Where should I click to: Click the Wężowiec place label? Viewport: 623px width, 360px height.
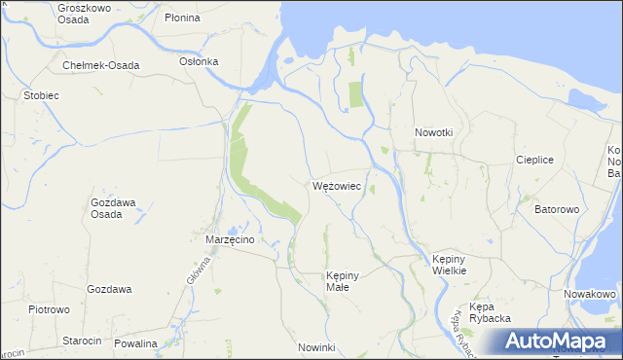point(338,185)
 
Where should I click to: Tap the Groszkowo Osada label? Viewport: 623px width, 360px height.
point(84,13)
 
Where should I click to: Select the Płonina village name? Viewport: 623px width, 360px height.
point(182,18)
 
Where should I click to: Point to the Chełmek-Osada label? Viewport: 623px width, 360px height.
point(100,65)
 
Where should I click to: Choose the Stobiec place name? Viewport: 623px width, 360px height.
point(43,96)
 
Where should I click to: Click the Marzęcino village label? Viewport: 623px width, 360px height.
point(230,238)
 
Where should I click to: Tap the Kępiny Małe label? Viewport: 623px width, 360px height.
point(344,281)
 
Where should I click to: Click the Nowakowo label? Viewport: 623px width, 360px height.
point(591,294)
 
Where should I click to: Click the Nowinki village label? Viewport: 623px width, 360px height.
point(316,347)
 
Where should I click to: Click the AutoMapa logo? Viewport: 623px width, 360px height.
point(559,341)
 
